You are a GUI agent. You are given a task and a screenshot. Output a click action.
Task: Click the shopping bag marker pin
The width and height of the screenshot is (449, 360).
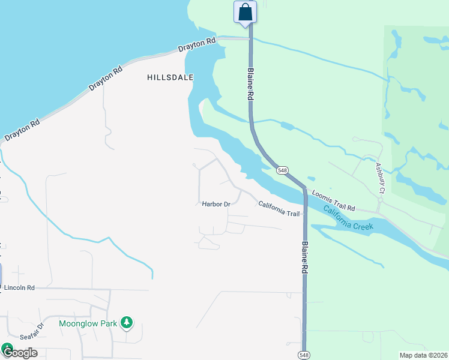(245, 12)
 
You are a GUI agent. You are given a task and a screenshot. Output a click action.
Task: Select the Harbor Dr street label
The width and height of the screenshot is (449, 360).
(216, 204)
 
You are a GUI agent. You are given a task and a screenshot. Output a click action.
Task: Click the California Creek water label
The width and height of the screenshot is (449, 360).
(348, 219)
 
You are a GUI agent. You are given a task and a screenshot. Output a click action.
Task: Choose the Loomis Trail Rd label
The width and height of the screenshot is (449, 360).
(334, 201)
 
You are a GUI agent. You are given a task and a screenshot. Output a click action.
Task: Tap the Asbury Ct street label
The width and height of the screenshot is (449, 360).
(379, 178)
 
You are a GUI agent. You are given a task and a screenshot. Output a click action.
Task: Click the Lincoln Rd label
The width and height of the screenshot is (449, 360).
(19, 288)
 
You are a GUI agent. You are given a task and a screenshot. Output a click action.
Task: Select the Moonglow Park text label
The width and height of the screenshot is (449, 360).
(88, 323)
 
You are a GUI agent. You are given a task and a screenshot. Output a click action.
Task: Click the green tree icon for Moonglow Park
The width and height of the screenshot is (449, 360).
(126, 323)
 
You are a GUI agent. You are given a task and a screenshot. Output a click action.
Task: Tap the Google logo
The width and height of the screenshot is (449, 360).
(22, 353)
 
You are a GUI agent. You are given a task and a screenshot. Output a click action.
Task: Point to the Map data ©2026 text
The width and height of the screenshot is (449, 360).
(423, 355)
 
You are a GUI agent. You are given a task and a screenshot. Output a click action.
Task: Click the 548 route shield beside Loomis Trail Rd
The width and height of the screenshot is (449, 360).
(282, 170)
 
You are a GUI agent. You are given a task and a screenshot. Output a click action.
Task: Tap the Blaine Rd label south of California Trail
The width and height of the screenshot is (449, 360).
(305, 258)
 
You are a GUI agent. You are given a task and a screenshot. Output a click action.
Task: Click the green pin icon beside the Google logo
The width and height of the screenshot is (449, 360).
(7, 347)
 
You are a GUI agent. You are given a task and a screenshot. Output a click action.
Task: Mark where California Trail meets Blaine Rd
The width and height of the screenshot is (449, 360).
(304, 213)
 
